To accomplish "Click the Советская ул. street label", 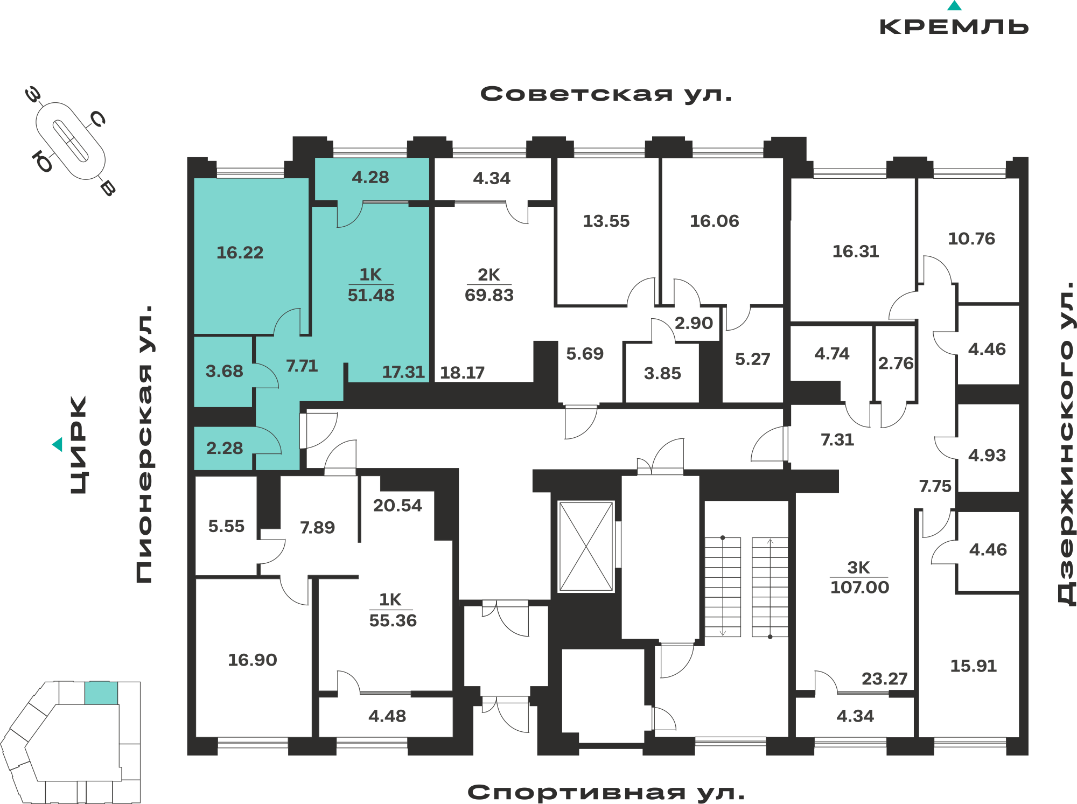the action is click(606, 94).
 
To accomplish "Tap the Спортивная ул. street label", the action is click(606, 792).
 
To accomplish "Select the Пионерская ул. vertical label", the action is click(144, 444).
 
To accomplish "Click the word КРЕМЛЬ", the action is click(954, 26).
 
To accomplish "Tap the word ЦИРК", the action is click(79, 445).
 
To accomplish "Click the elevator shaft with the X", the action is click(586, 547).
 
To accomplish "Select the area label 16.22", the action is click(240, 253).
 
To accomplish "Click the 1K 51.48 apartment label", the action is click(371, 285).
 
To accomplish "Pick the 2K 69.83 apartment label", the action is click(489, 285).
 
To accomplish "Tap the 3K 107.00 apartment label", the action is click(859, 577).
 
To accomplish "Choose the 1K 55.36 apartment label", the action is click(393, 610).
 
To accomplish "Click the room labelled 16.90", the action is click(253, 660).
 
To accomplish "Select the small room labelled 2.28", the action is click(225, 448).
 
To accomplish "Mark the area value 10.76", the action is click(971, 239).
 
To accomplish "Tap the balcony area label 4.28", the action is click(370, 177).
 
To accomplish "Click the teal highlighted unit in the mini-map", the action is click(101, 693).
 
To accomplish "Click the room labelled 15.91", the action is click(974, 666).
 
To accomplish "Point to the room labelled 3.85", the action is click(662, 373).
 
